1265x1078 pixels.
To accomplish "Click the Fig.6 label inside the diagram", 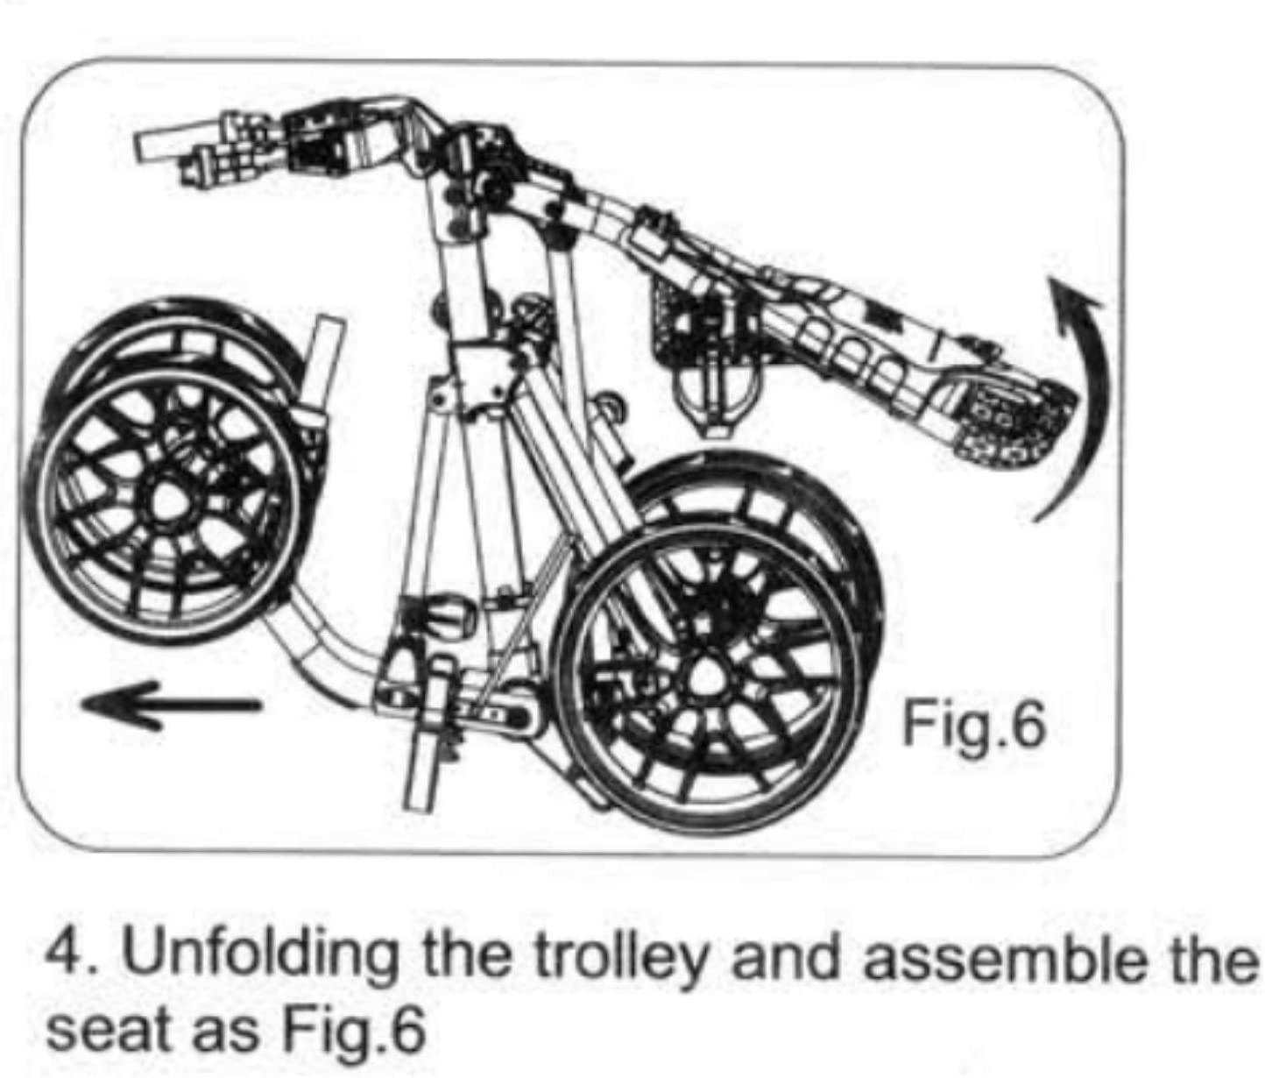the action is [x=974, y=724].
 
